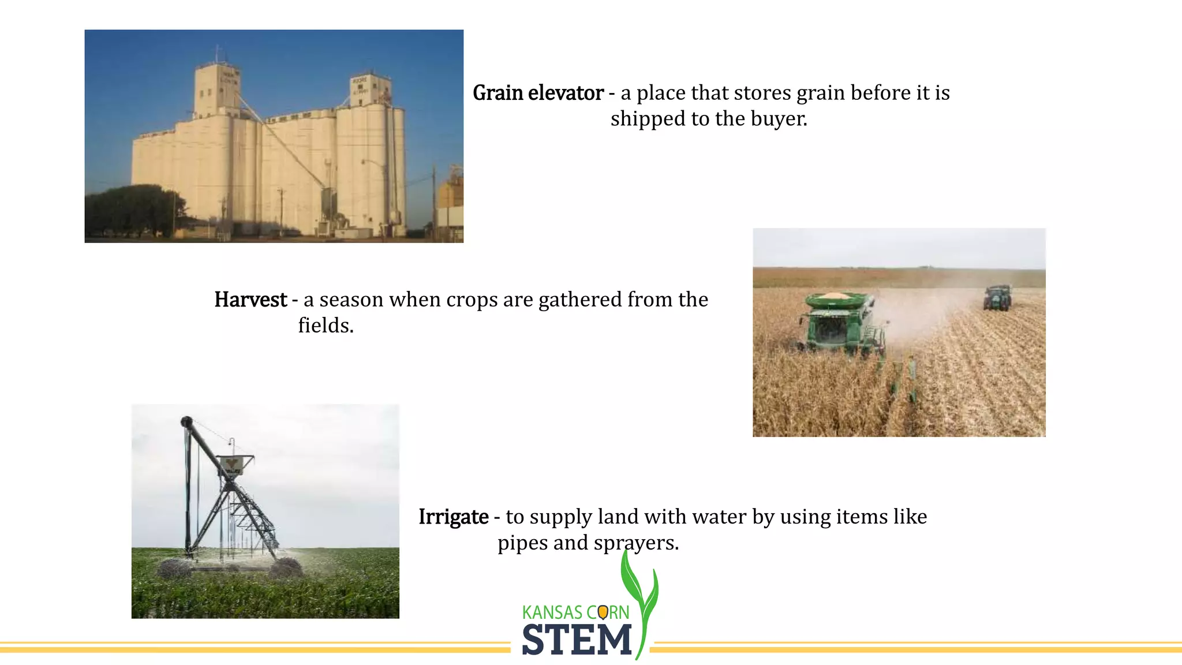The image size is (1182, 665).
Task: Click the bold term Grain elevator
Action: (537, 93)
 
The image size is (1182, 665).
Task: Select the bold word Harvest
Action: (250, 300)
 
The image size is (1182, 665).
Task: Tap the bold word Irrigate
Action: (453, 517)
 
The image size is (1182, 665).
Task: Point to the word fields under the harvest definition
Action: (325, 326)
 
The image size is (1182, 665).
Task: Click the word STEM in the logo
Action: (577, 640)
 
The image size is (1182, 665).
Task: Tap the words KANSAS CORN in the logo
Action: (575, 612)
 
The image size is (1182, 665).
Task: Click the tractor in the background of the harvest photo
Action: (997, 297)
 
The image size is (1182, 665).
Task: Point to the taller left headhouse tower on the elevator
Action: (216, 89)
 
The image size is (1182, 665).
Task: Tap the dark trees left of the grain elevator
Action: (133, 211)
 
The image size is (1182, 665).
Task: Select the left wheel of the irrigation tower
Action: (174, 569)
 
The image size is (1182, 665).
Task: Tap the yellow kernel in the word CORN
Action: (603, 612)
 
